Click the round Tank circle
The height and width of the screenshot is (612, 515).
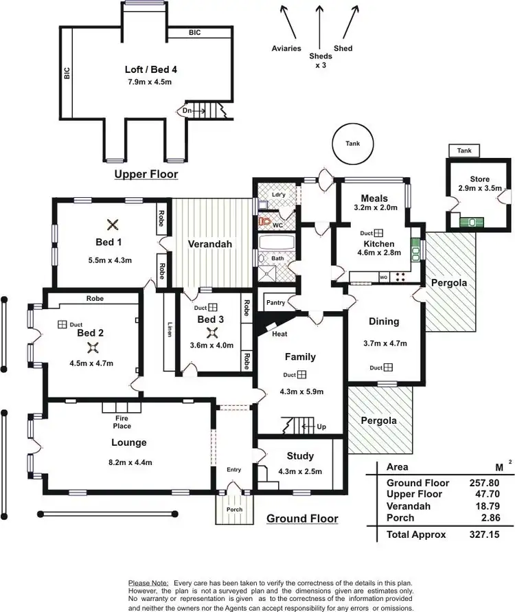352,144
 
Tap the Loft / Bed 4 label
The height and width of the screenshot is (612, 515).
148,70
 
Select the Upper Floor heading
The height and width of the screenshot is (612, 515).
146,174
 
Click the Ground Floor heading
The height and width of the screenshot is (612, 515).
302,519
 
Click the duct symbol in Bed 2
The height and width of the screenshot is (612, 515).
62,324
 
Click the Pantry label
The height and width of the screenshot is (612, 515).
275,302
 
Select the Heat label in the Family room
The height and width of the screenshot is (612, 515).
279,335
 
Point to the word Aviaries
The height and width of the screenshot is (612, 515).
287,49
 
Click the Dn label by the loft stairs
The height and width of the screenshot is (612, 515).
187,110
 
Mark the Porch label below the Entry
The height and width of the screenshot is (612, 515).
234,510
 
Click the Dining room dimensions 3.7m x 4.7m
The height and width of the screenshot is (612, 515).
385,343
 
